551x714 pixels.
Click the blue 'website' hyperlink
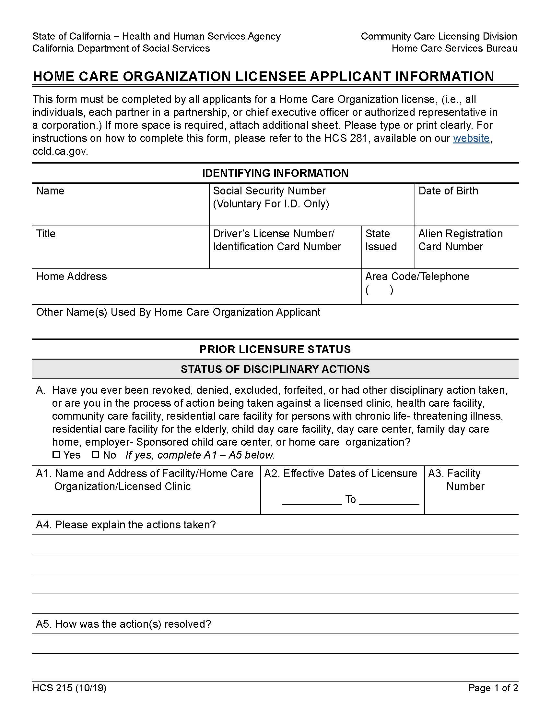click(471, 138)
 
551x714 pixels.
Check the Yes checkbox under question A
click(56, 454)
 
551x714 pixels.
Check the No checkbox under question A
click(95, 454)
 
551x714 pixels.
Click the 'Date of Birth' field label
click(448, 191)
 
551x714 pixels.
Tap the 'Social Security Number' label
click(269, 191)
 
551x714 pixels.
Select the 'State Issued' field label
click(381, 240)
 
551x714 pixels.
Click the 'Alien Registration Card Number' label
click(460, 240)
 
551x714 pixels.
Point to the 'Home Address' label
click(71, 277)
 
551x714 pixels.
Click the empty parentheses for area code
click(379, 290)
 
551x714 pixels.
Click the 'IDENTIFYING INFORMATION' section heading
click(275, 173)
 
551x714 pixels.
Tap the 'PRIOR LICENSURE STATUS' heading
click(275, 349)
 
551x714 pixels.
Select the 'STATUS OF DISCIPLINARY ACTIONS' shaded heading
click(275, 369)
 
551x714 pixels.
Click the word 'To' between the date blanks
click(350, 499)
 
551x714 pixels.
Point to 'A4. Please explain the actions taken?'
click(126, 525)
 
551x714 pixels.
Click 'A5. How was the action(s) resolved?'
click(123, 624)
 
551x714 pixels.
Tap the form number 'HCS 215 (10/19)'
click(69, 688)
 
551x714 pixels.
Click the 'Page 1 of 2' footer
click(493, 688)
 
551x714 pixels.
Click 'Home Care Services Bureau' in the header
click(454, 48)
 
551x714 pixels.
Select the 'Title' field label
click(46, 233)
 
